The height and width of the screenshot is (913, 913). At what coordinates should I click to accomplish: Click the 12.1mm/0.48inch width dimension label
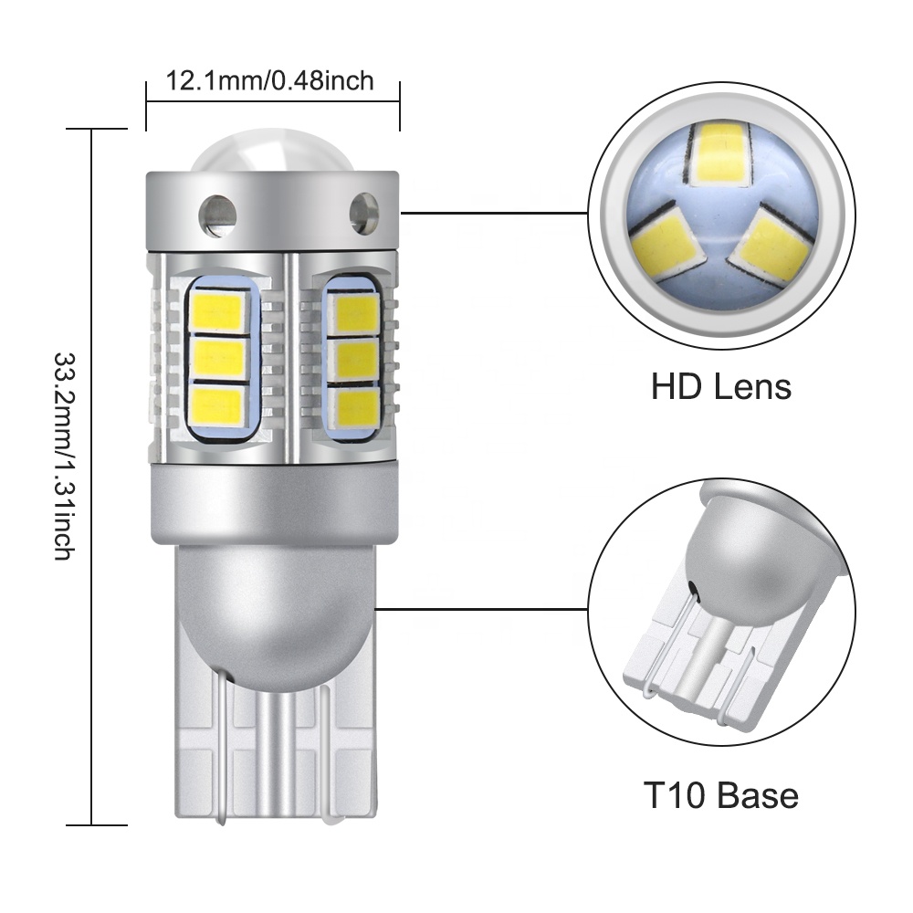[270, 81]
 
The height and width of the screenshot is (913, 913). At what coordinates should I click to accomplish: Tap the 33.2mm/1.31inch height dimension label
[65, 456]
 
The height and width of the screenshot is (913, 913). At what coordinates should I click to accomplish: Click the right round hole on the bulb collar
[363, 212]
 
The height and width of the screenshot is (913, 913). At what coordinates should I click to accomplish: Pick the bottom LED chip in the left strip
[219, 403]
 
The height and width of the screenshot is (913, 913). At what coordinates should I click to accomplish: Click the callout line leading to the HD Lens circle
[493, 213]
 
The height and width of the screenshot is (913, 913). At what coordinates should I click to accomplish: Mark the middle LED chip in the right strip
[353, 360]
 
